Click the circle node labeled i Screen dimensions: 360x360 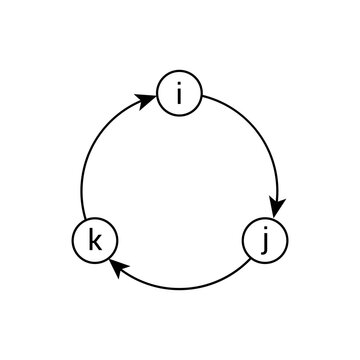180,96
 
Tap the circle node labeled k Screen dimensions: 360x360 96,241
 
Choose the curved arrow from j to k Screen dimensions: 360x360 180,288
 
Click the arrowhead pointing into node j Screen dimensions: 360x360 278,205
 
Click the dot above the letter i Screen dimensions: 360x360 180,87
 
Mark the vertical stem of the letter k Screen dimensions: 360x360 91,241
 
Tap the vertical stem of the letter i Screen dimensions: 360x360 180,99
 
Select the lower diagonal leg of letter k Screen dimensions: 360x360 99,246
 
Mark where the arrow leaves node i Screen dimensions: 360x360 203,99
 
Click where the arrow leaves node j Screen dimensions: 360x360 250,260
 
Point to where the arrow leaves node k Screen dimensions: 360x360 83,221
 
